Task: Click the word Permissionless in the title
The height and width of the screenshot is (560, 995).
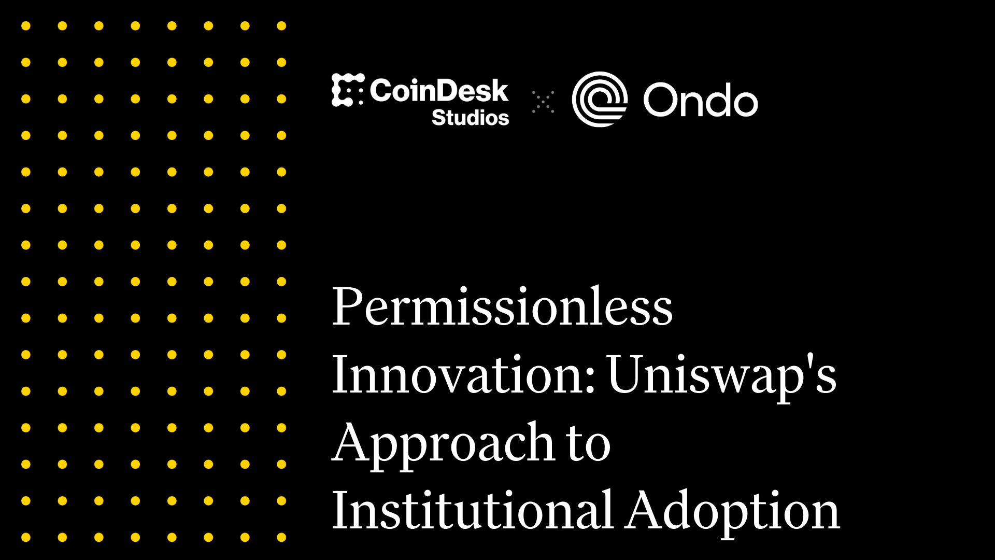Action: point(502,307)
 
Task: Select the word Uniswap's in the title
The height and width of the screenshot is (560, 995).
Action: point(721,374)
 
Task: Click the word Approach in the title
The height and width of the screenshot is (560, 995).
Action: point(443,443)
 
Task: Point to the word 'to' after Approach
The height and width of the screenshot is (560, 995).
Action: point(589,444)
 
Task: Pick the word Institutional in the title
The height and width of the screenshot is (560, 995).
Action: point(472,511)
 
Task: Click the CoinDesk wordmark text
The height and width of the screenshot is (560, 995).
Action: point(439,91)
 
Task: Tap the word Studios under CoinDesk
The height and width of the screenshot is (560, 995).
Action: point(470,118)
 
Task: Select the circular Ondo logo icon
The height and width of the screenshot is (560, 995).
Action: point(600,99)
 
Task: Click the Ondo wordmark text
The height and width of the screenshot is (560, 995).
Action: point(701,100)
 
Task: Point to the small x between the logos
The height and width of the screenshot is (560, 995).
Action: point(543,102)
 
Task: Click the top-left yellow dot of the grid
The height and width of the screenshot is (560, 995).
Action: point(26,26)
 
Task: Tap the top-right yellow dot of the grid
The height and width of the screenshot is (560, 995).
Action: point(281,26)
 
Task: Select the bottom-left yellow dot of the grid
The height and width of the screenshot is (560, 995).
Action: point(26,537)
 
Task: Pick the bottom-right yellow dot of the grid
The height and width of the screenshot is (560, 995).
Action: point(281,537)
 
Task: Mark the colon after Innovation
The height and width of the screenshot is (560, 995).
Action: point(591,377)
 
